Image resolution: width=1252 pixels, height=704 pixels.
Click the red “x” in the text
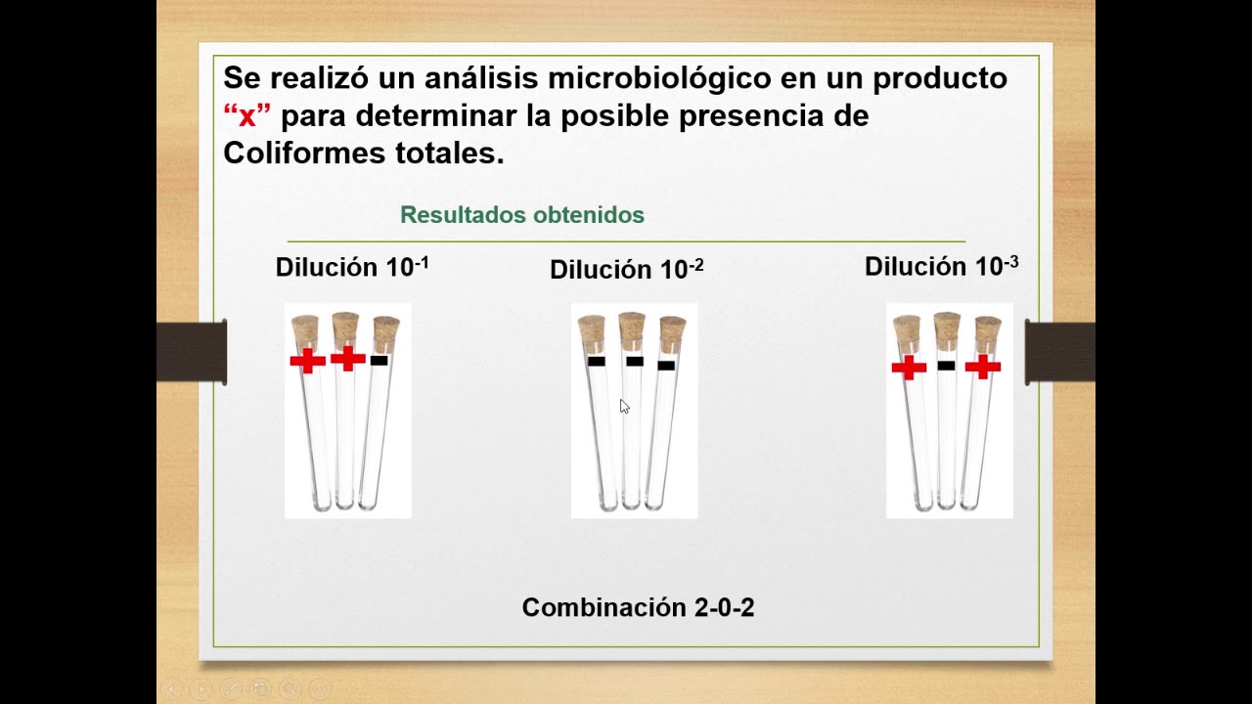246,116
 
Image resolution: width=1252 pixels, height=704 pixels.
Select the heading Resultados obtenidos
522,215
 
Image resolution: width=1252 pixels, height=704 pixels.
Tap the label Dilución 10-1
352,267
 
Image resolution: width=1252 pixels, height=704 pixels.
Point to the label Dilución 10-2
626,269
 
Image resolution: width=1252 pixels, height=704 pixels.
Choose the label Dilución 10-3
941,266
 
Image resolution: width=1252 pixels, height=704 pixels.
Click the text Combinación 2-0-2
638,607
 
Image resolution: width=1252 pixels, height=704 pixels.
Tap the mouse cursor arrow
624,406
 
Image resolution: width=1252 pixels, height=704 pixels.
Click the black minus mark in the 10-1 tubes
380,361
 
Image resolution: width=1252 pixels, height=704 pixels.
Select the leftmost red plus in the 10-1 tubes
307,362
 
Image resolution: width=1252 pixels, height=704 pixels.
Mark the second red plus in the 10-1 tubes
347,359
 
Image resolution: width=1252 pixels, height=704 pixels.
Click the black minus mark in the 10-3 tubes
946,365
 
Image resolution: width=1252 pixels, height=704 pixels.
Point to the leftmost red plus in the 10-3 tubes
909,368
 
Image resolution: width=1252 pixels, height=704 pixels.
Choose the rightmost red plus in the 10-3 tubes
982,367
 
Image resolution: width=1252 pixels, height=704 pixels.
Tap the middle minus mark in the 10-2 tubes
634,361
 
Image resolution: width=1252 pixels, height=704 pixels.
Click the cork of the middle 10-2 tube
632,326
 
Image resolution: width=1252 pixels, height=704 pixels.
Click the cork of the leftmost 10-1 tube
305,328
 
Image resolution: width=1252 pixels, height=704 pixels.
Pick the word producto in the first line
940,77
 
